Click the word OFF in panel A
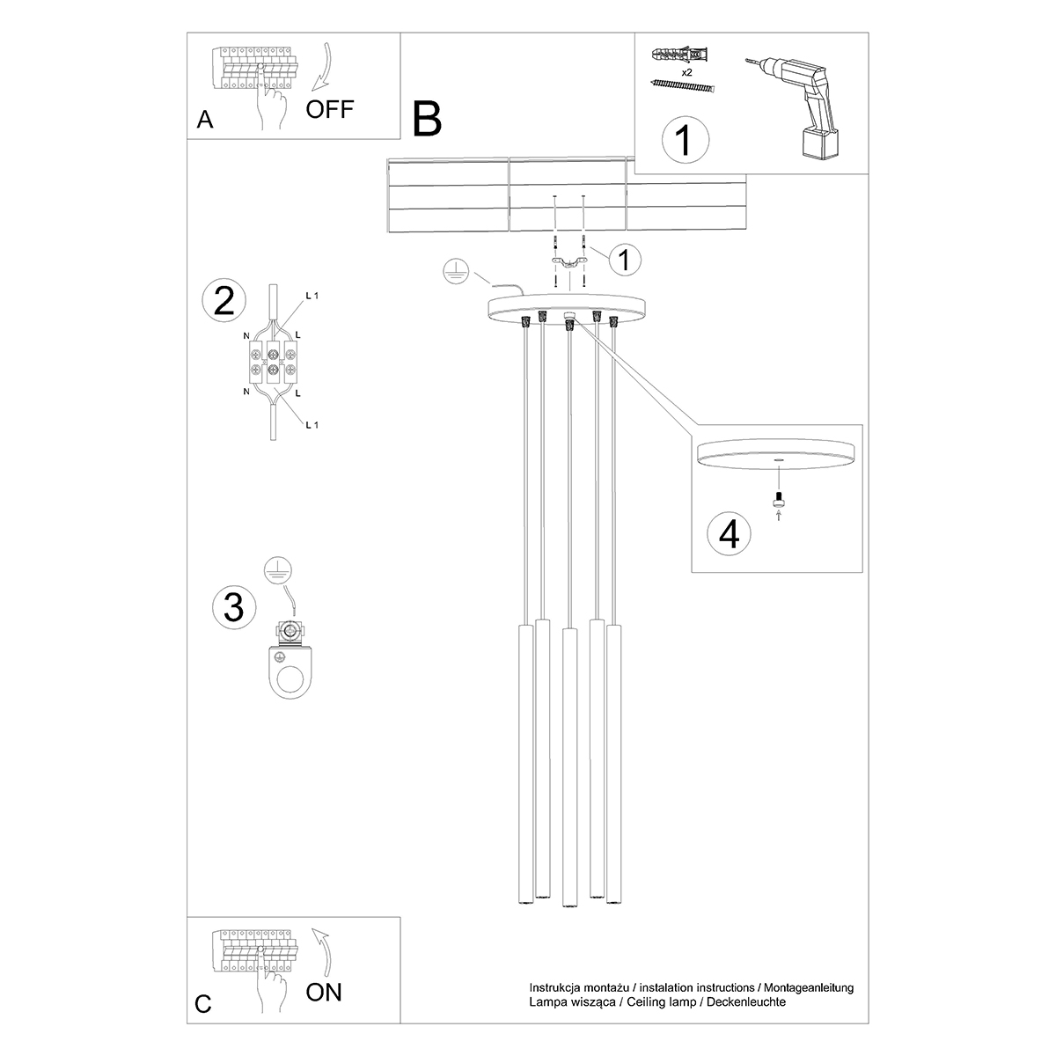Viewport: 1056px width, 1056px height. pyautogui.click(x=330, y=109)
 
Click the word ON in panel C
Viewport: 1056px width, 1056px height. pyautogui.click(x=324, y=994)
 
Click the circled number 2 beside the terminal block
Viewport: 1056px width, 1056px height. pyautogui.click(x=224, y=301)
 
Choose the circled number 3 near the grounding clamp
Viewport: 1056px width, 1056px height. pyautogui.click(x=234, y=607)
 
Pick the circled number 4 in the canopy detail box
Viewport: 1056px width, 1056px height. pyautogui.click(x=730, y=534)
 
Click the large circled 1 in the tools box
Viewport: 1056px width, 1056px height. pyautogui.click(x=684, y=140)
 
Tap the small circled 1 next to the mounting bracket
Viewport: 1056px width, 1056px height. pyautogui.click(x=623, y=260)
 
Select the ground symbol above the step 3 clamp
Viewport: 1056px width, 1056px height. pyautogui.click(x=279, y=568)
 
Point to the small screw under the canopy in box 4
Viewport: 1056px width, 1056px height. pyautogui.click(x=778, y=502)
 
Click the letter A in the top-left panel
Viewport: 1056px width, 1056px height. pyautogui.click(x=205, y=121)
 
